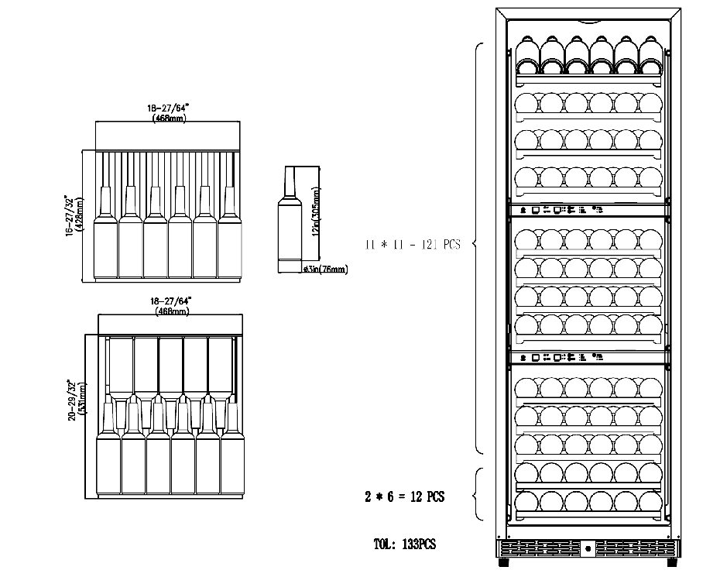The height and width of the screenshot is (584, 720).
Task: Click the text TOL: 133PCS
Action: coord(405,544)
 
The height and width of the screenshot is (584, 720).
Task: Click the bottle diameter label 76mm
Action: coord(325,270)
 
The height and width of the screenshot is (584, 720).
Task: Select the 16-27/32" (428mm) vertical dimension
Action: coord(74,215)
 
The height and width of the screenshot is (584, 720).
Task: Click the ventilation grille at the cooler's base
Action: coord(586,548)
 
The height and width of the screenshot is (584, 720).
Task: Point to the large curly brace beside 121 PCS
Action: coord(478,246)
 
